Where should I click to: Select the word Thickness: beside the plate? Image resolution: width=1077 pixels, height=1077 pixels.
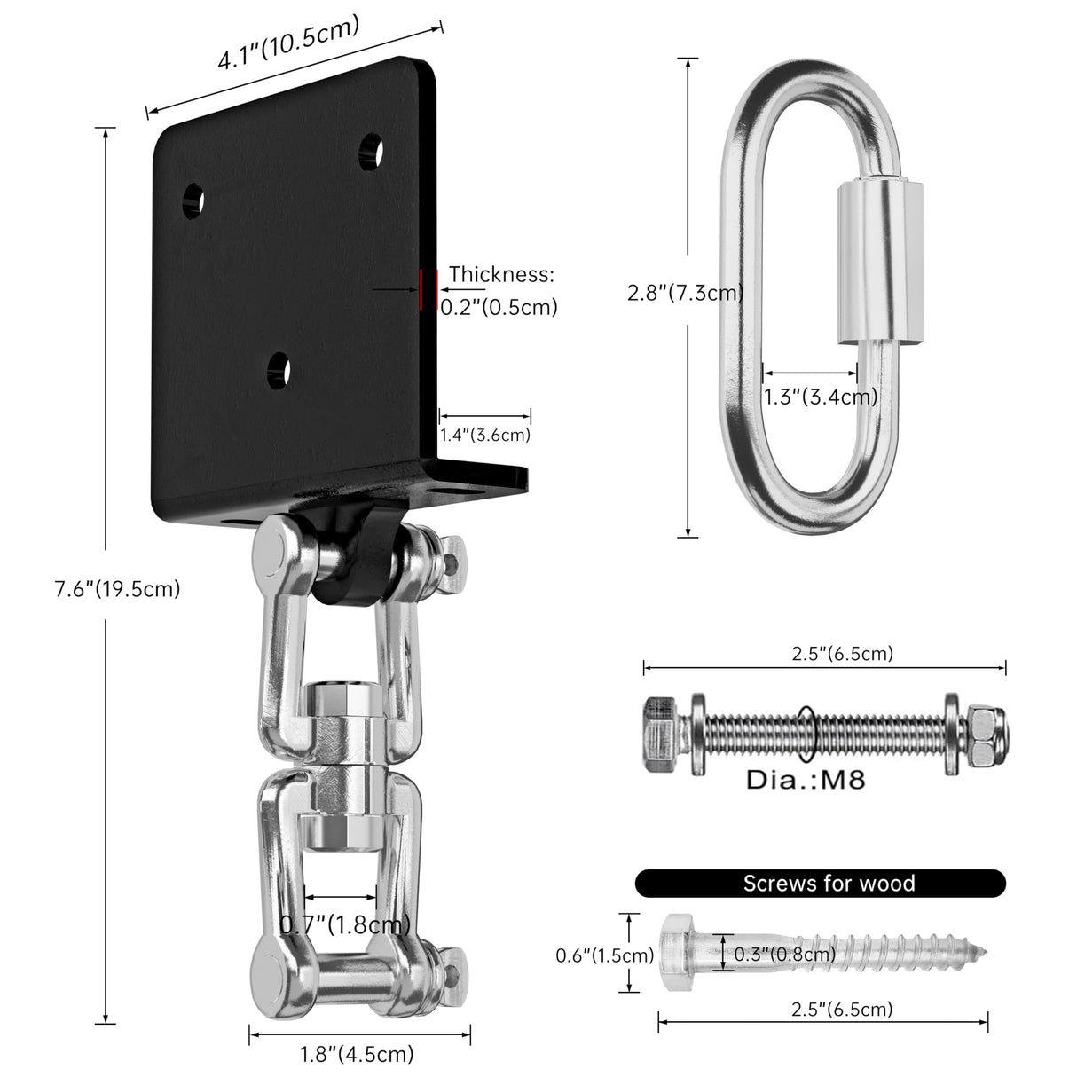pos(501,274)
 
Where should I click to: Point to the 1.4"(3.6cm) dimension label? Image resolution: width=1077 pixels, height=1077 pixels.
pos(484,435)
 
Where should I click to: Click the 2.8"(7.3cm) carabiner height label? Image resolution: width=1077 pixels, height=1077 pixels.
pos(684,293)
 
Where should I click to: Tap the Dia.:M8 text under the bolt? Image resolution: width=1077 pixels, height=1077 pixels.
pos(805,780)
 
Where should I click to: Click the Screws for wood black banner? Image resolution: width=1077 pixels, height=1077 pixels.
pos(821,883)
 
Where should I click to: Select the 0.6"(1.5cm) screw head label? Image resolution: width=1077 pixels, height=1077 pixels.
pos(604,955)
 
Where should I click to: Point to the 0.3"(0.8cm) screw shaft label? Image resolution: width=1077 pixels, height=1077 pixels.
pos(784,955)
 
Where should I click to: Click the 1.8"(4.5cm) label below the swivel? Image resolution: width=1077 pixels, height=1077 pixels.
pos(357,1055)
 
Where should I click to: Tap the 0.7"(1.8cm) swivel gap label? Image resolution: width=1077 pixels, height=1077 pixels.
pos(345,925)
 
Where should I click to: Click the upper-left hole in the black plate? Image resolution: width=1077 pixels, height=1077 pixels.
pos(193,200)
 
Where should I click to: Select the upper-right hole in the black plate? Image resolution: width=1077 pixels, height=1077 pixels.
pos(371,153)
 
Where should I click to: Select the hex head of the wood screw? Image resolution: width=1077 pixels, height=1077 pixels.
pos(678,954)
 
